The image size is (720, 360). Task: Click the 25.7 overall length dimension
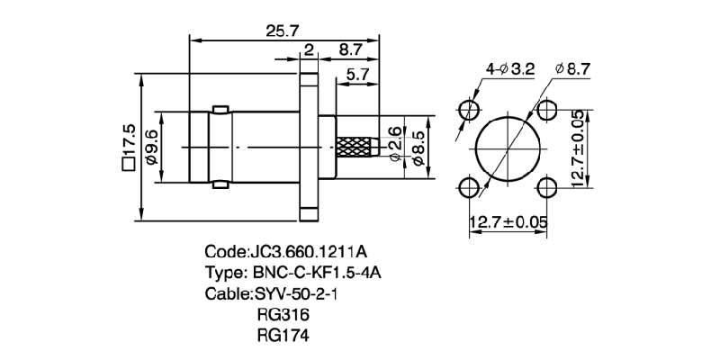pyautogui.click(x=282, y=31)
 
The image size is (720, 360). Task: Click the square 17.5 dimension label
pyautogui.click(x=128, y=147)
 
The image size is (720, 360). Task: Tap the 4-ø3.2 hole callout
pyautogui.click(x=511, y=68)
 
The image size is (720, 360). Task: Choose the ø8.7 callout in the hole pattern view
pyautogui.click(x=572, y=68)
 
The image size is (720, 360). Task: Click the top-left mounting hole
pyautogui.click(x=469, y=110)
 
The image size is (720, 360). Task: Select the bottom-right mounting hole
pyautogui.click(x=547, y=187)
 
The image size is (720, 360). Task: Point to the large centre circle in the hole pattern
pyautogui.click(x=508, y=148)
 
